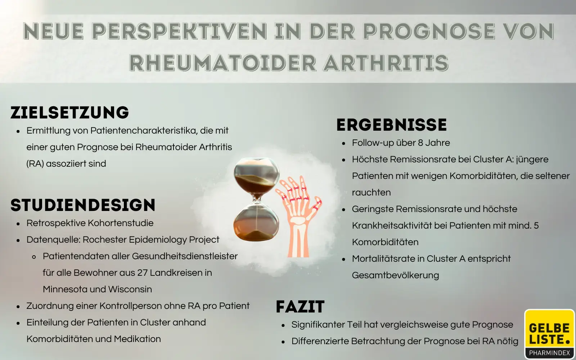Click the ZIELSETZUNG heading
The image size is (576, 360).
coord(70,113)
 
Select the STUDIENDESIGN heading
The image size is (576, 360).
coord(83,205)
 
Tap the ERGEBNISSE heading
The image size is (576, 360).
coord(392,125)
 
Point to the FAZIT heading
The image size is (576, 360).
coord(300,307)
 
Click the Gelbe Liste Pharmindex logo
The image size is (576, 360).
coord(549,334)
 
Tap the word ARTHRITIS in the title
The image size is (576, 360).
coord(386,63)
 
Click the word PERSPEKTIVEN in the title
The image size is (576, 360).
coord(179,31)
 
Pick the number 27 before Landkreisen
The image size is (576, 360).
coord(143,273)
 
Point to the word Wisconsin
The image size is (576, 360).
coord(130,289)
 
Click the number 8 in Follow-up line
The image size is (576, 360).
coord(420,143)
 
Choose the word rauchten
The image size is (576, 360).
coord(371,193)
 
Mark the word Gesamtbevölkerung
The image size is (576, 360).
coord(395,275)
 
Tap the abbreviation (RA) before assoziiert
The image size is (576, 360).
coord(35,164)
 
